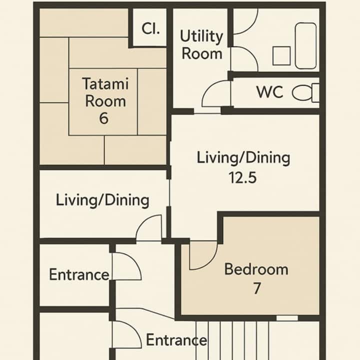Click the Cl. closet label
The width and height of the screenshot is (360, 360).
click(x=150, y=28)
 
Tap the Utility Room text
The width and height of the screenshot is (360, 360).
click(x=201, y=45)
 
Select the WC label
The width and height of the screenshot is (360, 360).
click(x=269, y=92)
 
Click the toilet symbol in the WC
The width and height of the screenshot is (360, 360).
click(x=305, y=92)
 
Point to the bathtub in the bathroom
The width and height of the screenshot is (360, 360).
click(x=305, y=45)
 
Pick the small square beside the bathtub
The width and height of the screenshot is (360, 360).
click(x=281, y=56)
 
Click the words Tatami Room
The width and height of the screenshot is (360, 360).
click(x=105, y=92)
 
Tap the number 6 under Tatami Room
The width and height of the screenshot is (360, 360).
click(x=103, y=118)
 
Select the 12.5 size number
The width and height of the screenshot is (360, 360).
click(x=242, y=177)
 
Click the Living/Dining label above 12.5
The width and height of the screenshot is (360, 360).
click(x=243, y=158)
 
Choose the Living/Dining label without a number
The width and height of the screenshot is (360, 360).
click(x=102, y=200)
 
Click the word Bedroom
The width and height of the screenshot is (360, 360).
click(x=256, y=269)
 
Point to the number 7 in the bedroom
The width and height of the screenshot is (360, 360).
click(x=257, y=288)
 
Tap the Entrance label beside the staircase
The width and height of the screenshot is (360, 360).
click(x=176, y=340)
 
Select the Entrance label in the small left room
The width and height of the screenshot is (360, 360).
click(x=79, y=274)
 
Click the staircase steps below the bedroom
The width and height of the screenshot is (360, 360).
click(x=232, y=340)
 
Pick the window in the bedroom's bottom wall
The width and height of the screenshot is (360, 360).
click(x=287, y=318)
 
